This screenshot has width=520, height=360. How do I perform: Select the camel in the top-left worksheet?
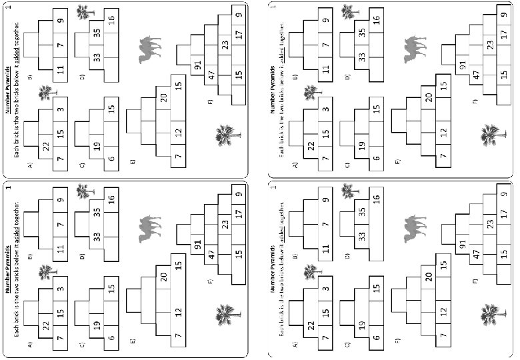pos(150,51)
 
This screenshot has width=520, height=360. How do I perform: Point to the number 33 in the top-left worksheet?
pos(97,58)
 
